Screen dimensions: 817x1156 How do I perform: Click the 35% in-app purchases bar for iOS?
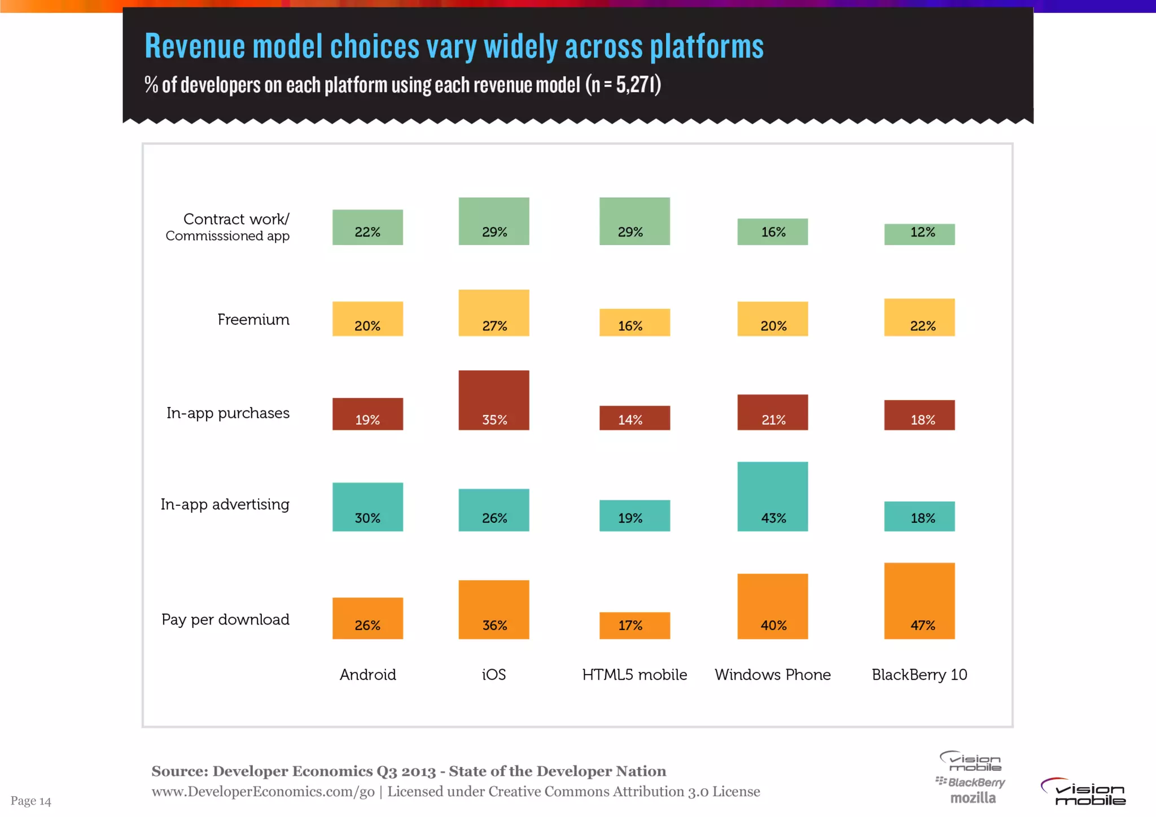point(494,400)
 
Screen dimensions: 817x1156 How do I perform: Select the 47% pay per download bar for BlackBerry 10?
point(919,601)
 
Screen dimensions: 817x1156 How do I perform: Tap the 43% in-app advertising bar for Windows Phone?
point(772,496)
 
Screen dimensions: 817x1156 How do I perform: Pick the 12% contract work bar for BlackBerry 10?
point(919,234)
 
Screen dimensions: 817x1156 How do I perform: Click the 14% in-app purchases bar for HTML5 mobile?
point(634,418)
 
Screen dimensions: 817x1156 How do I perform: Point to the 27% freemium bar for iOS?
point(494,313)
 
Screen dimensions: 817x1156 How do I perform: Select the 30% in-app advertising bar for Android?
point(367,506)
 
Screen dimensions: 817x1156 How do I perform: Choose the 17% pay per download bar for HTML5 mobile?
point(634,625)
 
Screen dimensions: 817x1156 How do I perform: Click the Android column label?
point(367,674)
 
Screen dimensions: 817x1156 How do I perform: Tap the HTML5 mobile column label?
point(634,674)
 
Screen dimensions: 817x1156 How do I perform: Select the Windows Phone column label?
point(772,674)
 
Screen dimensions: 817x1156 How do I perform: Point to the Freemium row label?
point(253,320)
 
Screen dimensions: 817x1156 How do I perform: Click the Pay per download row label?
point(225,619)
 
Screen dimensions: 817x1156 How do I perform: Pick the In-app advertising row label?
point(225,504)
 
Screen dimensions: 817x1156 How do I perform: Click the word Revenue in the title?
point(195,46)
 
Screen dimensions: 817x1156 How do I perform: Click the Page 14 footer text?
point(31,801)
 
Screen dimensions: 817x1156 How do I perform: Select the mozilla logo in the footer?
point(973,798)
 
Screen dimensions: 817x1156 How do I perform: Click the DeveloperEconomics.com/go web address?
point(263,792)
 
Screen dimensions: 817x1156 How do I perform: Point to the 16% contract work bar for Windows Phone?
point(772,231)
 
